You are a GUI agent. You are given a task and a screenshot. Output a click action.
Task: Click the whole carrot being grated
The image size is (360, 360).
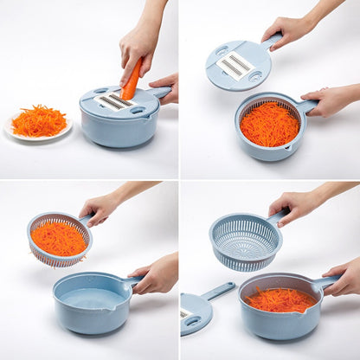[x=131, y=80]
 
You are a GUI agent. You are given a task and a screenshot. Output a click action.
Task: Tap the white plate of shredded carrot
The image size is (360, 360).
[x=38, y=125]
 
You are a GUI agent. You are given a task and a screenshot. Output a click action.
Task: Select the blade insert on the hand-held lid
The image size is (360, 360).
[x=235, y=66]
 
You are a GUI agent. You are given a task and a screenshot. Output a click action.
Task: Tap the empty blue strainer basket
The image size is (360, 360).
[x=245, y=241]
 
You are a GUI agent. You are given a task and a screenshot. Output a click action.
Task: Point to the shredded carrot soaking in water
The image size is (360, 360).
[x=279, y=300]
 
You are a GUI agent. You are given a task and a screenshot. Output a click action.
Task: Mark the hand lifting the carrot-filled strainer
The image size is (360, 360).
[x=101, y=208]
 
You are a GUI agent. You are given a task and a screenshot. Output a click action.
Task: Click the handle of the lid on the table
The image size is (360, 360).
[x=219, y=290]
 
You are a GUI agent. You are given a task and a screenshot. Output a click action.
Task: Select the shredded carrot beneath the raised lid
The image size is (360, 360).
[x=269, y=125]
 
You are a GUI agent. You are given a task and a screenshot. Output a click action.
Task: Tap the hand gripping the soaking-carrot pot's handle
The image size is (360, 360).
[x=344, y=278]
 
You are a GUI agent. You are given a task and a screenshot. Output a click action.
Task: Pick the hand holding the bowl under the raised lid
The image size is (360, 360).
[x=329, y=101]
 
